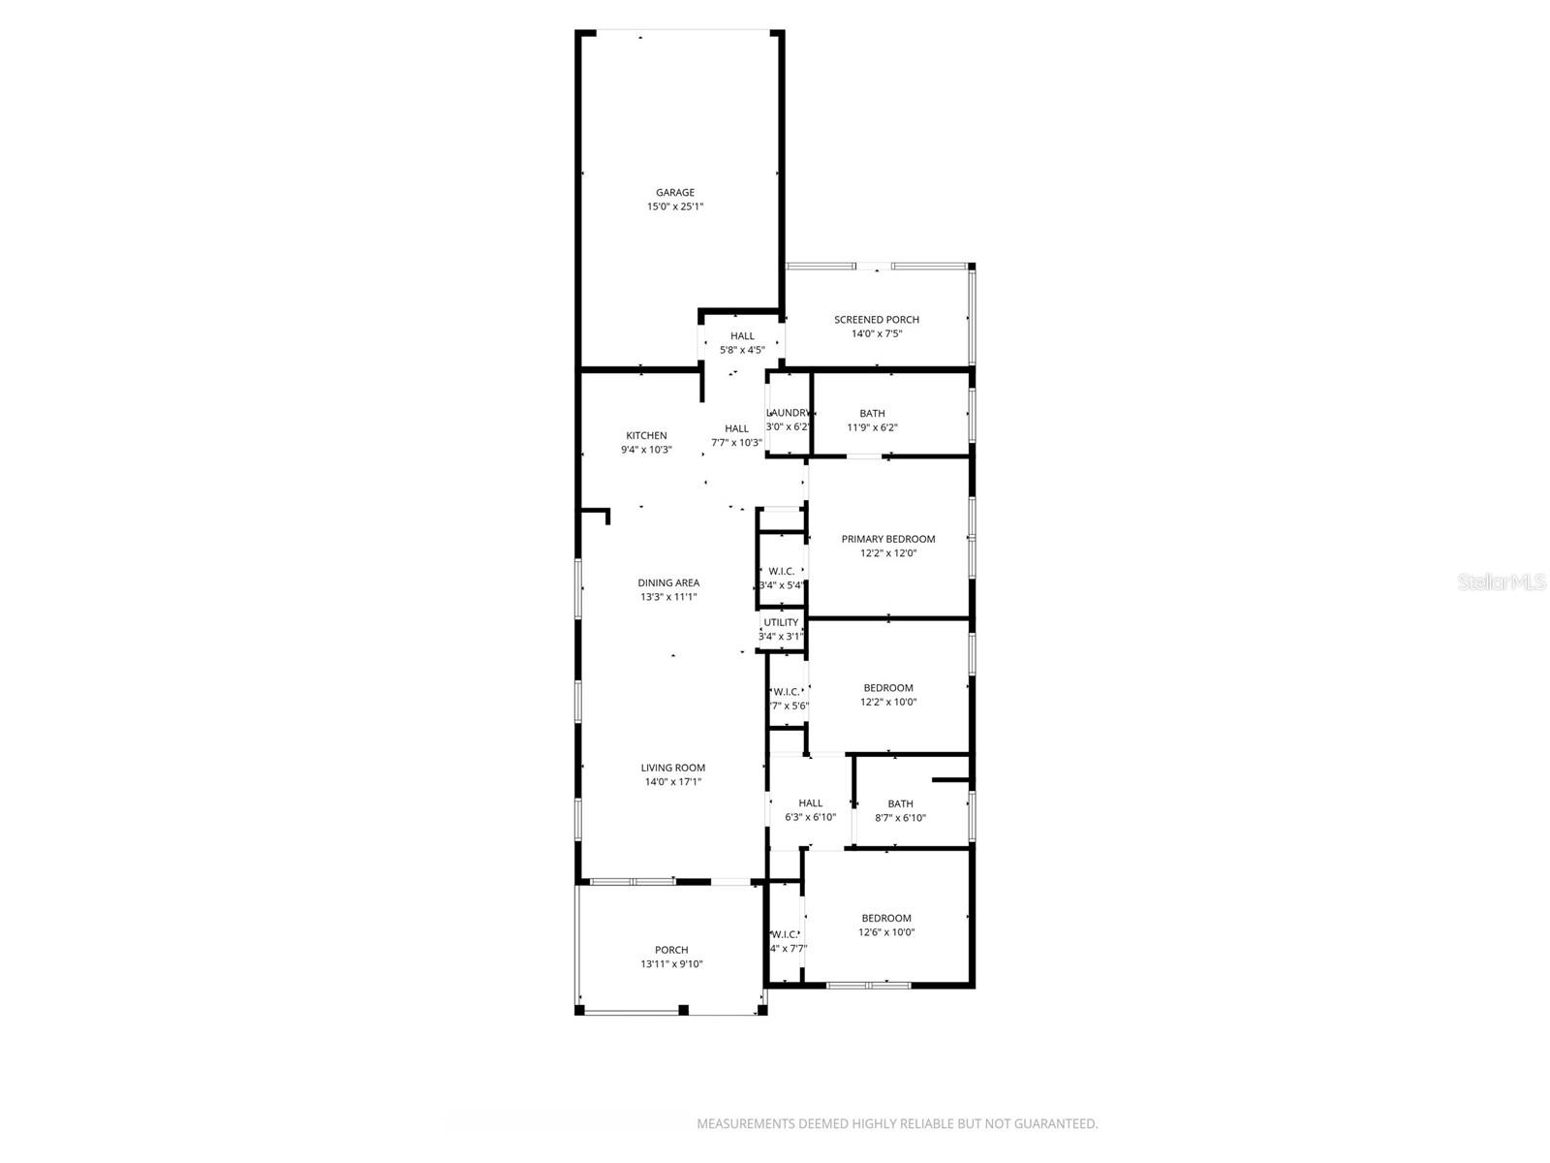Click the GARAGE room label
point(674,193)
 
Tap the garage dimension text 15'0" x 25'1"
point(674,206)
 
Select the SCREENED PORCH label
point(877,320)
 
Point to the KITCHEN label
point(646,436)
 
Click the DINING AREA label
point(668,583)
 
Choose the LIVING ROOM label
point(672,769)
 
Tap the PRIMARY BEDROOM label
point(888,540)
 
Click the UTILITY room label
point(781,623)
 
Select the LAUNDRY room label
point(788,413)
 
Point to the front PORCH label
point(671,951)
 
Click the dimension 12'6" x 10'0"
point(886,932)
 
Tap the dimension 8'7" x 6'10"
point(900,818)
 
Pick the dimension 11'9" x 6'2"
point(872,427)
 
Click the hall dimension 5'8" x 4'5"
point(742,350)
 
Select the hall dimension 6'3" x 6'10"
point(810,817)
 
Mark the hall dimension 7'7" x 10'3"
point(736,443)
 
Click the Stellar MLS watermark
point(1503,582)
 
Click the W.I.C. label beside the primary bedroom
point(782,572)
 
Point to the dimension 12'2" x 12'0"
point(888,553)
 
